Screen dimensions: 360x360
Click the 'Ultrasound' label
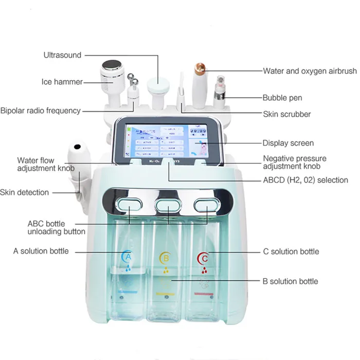point(62,55)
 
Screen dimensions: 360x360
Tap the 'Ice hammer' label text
point(62,82)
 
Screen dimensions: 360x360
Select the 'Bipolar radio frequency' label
point(40,110)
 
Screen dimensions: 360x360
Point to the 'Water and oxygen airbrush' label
point(310,71)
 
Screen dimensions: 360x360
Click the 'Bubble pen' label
point(282,98)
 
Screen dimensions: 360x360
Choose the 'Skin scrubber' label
point(286,114)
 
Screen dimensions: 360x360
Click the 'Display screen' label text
point(288,143)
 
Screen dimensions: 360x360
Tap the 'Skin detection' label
point(25,192)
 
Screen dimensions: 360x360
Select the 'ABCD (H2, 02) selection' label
point(305,180)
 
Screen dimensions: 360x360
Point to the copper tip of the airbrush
point(197,66)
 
